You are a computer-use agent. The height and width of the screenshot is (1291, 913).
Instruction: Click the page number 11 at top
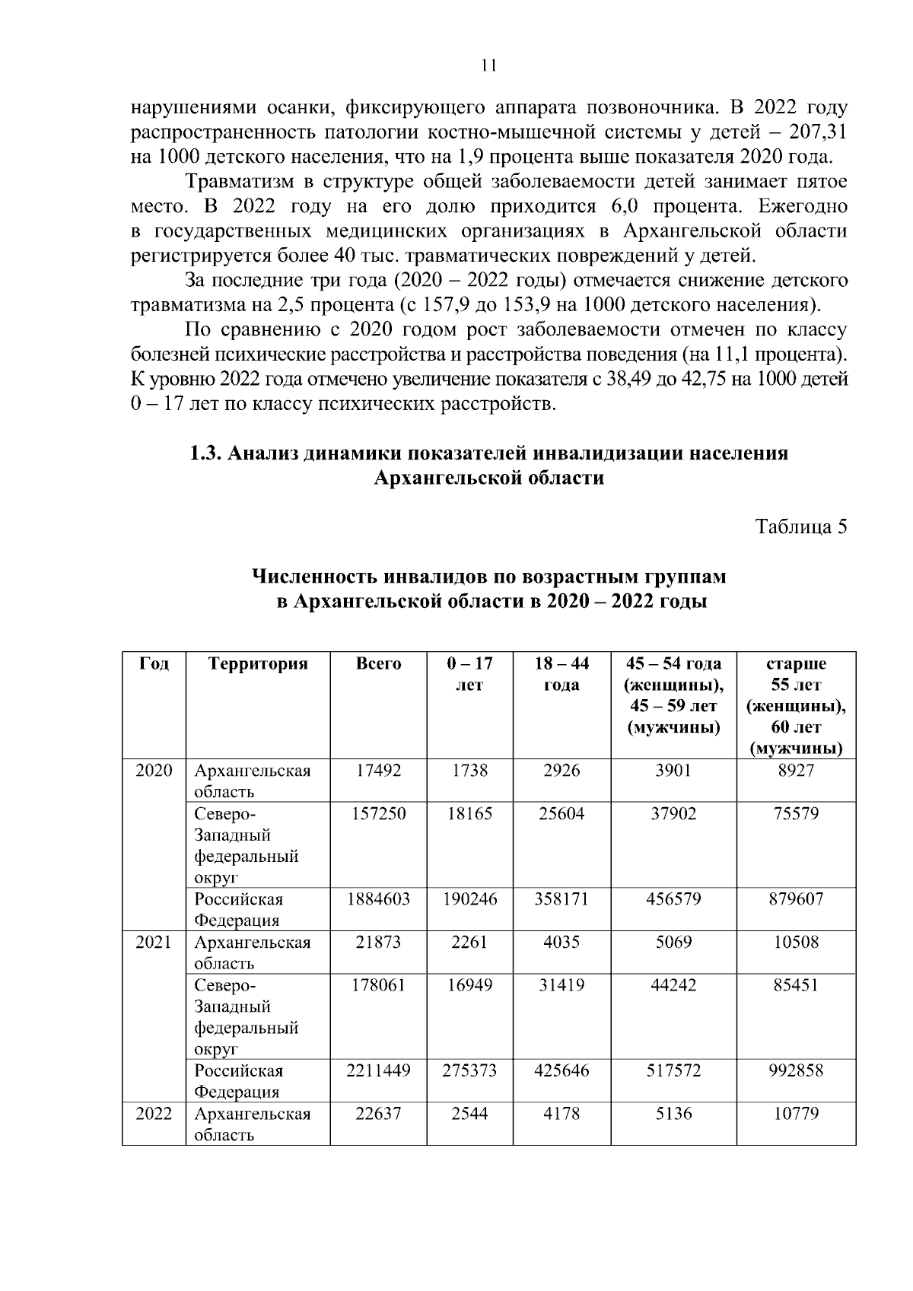(488, 66)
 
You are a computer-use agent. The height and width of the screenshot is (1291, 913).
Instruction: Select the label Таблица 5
(800, 527)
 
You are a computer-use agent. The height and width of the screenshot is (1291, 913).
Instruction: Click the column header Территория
(258, 663)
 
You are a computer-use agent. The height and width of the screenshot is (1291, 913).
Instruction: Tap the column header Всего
(378, 663)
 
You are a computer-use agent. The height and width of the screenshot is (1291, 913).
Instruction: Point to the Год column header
(154, 663)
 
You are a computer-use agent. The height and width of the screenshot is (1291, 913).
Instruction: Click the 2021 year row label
(154, 943)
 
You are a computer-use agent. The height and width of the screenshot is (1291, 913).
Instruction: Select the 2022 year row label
(154, 1114)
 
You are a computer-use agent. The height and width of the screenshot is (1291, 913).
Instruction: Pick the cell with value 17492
(378, 770)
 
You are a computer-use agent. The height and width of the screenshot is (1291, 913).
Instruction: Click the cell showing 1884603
(378, 899)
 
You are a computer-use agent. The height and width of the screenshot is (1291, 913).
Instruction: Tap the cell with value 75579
(795, 813)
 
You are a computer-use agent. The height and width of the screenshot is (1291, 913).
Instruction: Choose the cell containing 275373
(469, 1070)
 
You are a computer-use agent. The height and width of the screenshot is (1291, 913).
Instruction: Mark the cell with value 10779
(795, 1114)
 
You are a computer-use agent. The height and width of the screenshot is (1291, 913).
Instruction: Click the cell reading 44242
(673, 985)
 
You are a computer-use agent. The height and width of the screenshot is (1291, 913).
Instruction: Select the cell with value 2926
(561, 770)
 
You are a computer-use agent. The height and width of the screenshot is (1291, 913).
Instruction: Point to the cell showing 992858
(795, 1070)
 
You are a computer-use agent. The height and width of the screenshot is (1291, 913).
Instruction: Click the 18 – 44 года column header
(561, 674)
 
